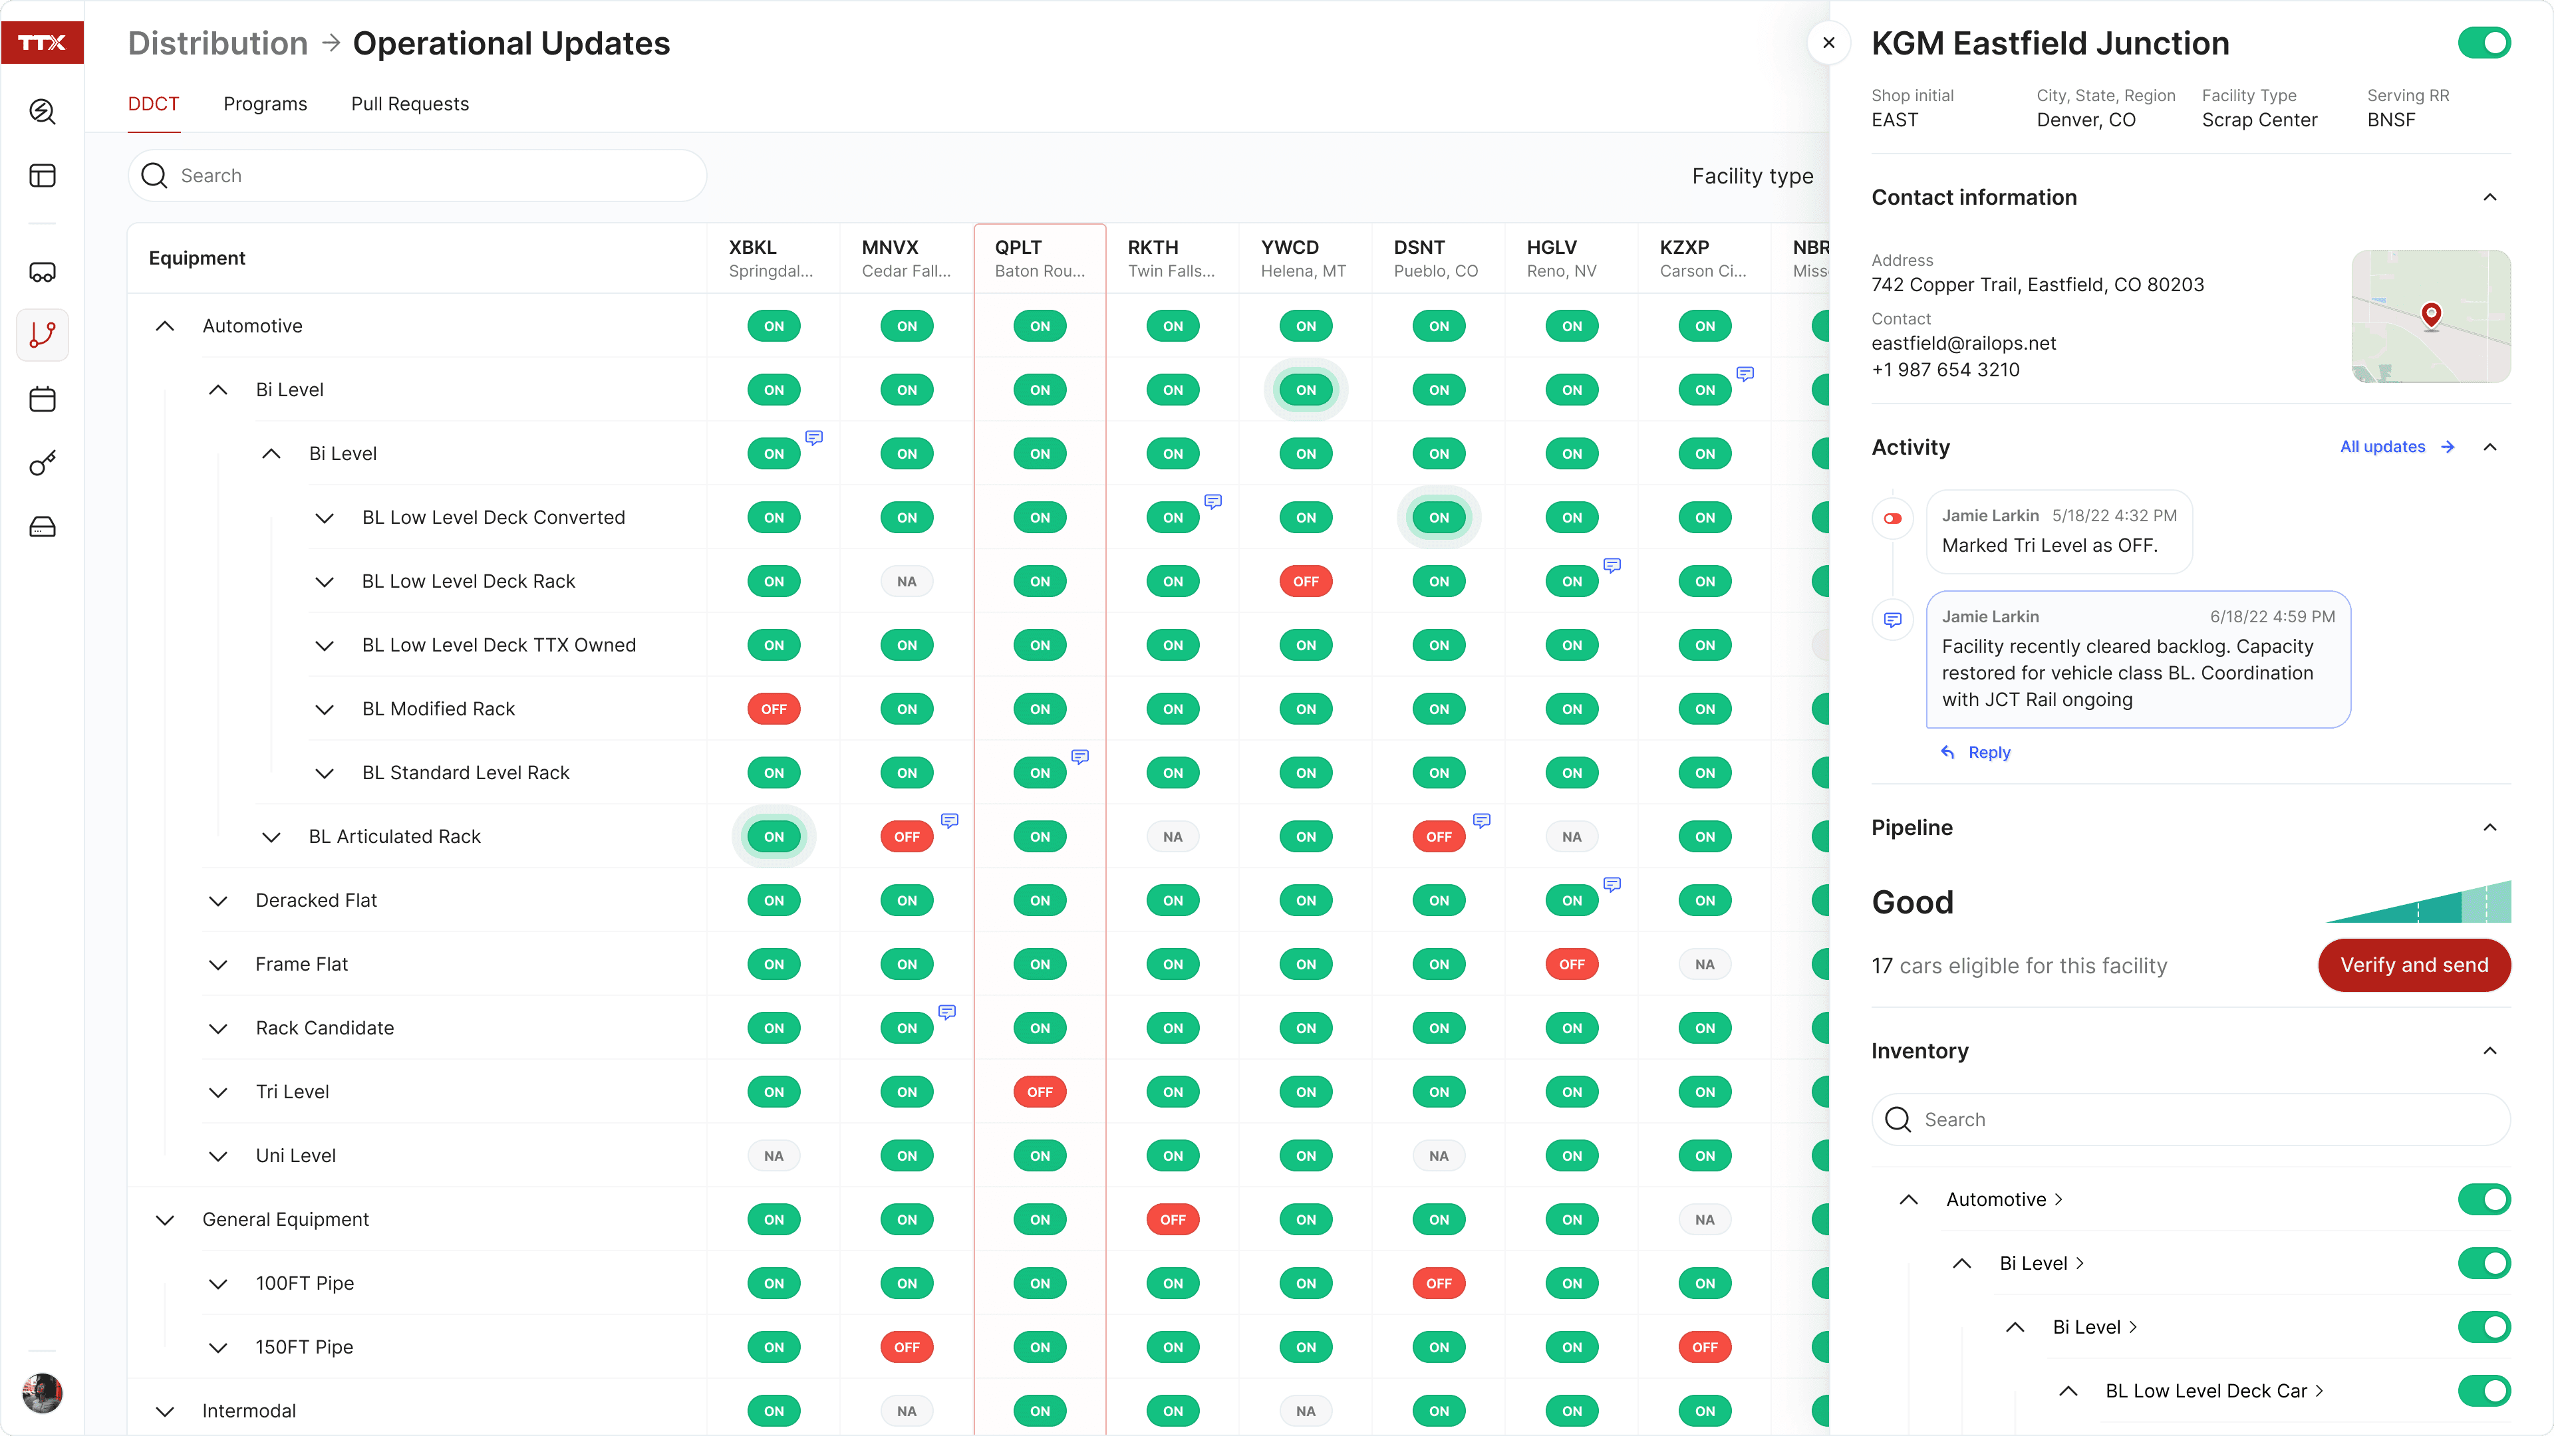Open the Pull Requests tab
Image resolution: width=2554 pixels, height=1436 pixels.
(x=410, y=104)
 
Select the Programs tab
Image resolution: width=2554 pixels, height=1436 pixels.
(x=265, y=104)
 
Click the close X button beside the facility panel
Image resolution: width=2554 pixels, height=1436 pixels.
(x=1828, y=43)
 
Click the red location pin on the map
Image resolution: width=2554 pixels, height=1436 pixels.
(x=2430, y=315)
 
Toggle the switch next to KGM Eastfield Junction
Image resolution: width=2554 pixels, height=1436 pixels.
(x=2483, y=43)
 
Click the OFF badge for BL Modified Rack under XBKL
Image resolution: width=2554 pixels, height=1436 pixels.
(x=774, y=709)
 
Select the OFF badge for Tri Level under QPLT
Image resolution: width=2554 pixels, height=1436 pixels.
(x=1039, y=1091)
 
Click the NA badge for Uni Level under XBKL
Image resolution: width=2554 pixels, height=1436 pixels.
(x=774, y=1155)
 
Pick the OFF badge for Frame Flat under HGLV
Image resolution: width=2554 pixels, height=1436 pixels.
(x=1572, y=964)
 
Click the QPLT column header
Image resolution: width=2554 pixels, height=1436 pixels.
(x=1039, y=258)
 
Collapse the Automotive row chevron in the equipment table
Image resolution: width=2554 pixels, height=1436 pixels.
(x=164, y=326)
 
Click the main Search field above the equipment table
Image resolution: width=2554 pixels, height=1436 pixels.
(x=416, y=176)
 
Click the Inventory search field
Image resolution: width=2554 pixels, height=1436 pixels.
(x=2190, y=1119)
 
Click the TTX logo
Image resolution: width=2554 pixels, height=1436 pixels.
(x=42, y=43)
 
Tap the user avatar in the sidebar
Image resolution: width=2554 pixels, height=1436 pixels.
(x=42, y=1392)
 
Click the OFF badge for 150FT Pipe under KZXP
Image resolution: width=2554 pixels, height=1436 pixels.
(x=1704, y=1347)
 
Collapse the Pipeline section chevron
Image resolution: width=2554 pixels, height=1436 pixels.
(x=2489, y=828)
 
